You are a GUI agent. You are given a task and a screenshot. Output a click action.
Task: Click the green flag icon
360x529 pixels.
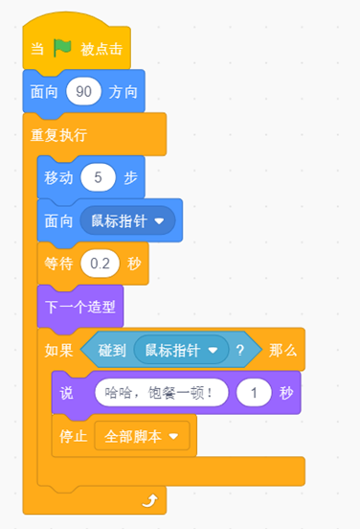[x=62, y=48]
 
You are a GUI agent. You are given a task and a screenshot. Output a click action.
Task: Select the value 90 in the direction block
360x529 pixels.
[x=83, y=91]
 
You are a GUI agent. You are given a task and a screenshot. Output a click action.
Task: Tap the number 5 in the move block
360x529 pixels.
[x=98, y=177]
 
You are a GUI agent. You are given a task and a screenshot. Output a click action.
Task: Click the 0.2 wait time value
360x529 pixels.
[x=100, y=264]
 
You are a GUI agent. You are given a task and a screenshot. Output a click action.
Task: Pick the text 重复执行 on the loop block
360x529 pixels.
[x=59, y=135]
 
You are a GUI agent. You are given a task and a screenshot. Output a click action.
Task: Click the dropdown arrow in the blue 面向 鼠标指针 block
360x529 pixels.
[x=159, y=221]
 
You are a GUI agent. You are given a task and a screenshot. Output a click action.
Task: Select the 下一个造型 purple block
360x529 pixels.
[x=80, y=307]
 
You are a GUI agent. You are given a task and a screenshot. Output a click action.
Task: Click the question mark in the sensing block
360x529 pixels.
[x=240, y=350]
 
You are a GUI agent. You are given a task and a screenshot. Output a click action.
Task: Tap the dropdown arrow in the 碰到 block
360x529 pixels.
[x=213, y=350]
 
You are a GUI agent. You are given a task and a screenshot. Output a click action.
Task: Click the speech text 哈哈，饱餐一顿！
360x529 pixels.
[x=158, y=393]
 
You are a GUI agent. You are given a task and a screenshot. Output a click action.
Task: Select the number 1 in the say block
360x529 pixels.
[x=254, y=393]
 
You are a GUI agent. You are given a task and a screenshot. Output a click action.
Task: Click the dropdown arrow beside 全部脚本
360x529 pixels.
[x=173, y=436]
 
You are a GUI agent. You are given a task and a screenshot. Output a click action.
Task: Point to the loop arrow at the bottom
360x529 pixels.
[x=150, y=500]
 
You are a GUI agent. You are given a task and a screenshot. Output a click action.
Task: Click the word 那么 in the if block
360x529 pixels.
[x=282, y=350]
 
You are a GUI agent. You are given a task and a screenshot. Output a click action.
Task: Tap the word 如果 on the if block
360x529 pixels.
[x=59, y=350]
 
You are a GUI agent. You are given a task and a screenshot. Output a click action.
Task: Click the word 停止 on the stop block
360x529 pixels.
[x=74, y=436]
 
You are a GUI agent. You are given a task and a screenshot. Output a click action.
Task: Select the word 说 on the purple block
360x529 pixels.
[x=66, y=393]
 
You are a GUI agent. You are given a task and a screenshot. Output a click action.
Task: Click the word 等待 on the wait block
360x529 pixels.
[x=59, y=264]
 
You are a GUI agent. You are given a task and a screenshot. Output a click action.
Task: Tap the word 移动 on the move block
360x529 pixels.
[x=59, y=177]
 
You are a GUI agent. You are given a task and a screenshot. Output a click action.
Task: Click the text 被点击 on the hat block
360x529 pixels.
[x=101, y=49]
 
